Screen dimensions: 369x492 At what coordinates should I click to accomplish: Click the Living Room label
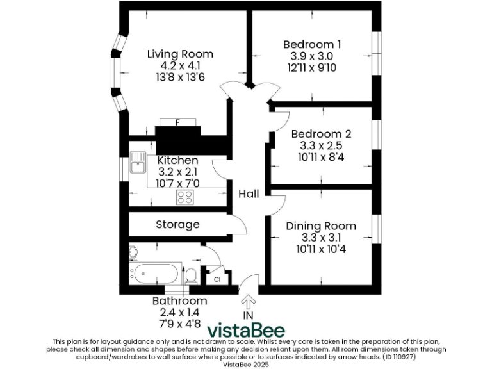(x=180, y=54)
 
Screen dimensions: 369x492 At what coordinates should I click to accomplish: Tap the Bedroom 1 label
(x=312, y=44)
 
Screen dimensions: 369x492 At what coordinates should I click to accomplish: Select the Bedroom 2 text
(x=321, y=134)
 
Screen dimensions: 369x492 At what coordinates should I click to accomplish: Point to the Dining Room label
(x=320, y=225)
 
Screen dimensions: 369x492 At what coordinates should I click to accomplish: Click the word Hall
(x=249, y=193)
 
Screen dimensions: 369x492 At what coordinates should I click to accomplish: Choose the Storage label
(x=177, y=225)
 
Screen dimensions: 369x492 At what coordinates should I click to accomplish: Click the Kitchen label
(x=177, y=160)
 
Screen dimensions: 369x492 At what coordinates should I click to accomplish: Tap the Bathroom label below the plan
(x=179, y=300)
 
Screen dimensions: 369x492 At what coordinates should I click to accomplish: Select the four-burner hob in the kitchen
(x=185, y=197)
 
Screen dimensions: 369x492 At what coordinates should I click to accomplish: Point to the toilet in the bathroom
(x=190, y=276)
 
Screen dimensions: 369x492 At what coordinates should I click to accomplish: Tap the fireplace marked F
(x=177, y=122)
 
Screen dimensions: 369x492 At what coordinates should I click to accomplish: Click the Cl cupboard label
(x=217, y=279)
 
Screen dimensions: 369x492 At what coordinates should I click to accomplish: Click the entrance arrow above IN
(x=249, y=300)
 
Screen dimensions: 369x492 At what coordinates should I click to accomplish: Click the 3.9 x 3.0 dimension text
(x=312, y=56)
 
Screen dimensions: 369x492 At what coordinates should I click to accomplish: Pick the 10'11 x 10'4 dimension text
(x=320, y=249)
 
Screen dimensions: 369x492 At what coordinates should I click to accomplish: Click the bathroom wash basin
(x=133, y=252)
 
